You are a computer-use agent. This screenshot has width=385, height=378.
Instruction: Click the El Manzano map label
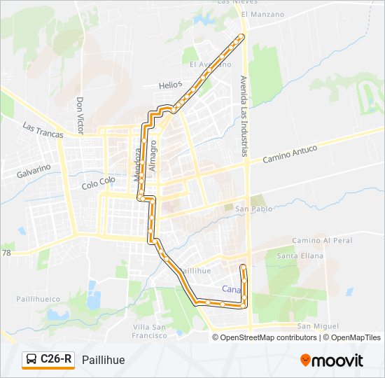coord(262,14)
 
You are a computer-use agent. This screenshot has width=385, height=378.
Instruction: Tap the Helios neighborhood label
coord(170,85)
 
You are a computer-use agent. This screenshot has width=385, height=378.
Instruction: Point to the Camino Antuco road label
coord(290,154)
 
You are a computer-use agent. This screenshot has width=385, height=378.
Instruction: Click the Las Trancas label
coord(43,130)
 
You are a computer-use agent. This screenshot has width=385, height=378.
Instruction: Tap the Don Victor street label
coord(80,115)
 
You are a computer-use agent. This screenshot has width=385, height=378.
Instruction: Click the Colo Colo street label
coord(98,183)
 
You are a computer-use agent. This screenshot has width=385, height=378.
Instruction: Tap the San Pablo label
coord(253,209)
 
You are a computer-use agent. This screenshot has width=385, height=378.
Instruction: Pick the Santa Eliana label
coord(298,256)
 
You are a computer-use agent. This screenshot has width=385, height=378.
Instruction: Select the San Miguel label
coord(318,326)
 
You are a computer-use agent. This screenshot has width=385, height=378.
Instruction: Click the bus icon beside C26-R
coord(31,360)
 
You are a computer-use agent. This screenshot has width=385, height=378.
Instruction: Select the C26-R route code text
coord(56,360)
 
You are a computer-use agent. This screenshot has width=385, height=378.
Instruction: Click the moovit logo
coord(332,360)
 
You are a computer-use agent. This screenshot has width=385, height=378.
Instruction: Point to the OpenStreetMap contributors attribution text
coord(268,337)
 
